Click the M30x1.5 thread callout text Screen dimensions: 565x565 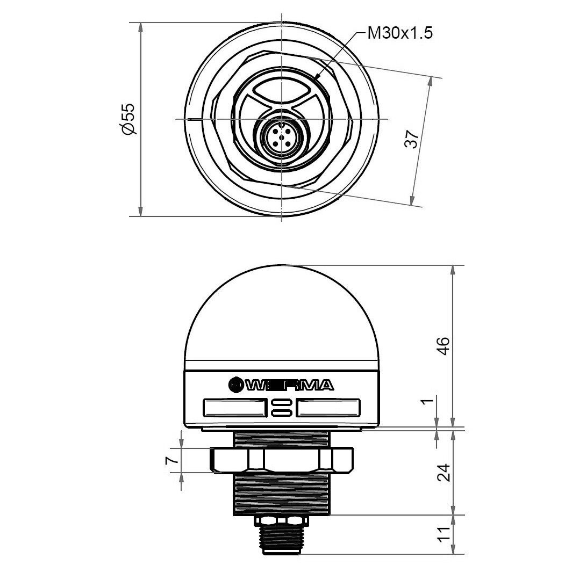tap(400, 33)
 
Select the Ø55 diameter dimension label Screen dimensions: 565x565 tap(128, 119)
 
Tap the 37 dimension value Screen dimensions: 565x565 tap(411, 139)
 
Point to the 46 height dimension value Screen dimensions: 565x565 tap(443, 346)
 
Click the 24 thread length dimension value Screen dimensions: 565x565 tap(444, 473)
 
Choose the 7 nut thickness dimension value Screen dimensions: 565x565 tap(171, 460)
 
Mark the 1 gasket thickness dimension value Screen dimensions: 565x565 tap(427, 401)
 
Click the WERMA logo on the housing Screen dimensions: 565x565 tap(281, 385)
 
